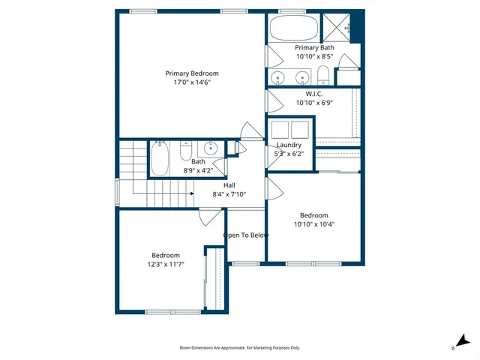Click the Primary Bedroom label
tap(192, 73)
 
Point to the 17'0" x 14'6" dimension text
tap(192, 82)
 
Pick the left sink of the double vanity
tap(278, 76)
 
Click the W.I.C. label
tap(314, 94)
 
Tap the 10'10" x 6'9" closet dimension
tap(314, 103)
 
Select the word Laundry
tap(289, 145)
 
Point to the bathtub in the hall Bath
tap(160, 158)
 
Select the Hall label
tap(229, 185)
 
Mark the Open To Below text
tap(245, 235)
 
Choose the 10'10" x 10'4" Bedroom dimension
tap(313, 223)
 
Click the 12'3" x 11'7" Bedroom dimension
tap(166, 264)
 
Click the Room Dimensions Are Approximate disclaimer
tap(239, 348)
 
